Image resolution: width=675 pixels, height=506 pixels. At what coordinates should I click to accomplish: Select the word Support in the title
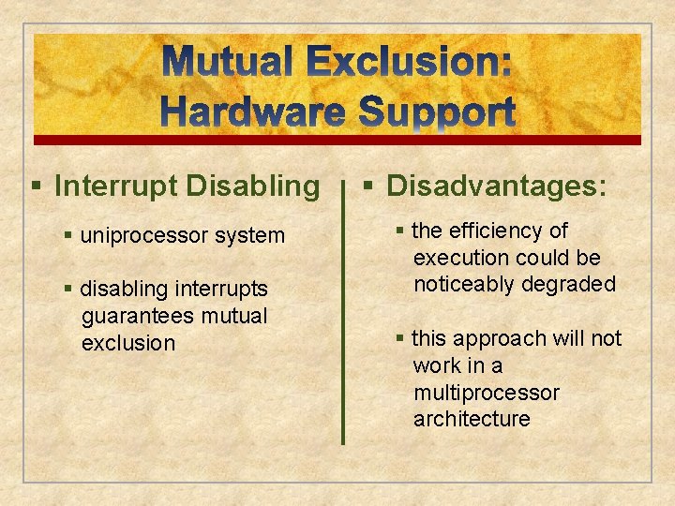click(436, 112)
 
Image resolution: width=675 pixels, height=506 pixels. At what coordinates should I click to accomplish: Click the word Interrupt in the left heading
click(116, 186)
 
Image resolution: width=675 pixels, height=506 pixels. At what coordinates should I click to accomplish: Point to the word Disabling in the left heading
click(253, 186)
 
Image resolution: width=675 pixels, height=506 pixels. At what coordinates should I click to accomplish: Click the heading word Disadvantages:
click(497, 186)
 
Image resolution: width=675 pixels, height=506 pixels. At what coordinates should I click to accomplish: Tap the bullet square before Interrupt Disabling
click(36, 186)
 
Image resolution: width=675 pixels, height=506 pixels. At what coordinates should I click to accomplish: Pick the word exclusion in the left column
click(128, 343)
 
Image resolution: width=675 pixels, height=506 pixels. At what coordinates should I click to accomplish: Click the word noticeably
click(465, 284)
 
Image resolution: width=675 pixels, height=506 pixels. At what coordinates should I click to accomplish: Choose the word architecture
click(472, 419)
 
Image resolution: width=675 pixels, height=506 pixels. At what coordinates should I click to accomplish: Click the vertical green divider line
click(343, 319)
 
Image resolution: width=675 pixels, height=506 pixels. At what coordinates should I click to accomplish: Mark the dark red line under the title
click(337, 141)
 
